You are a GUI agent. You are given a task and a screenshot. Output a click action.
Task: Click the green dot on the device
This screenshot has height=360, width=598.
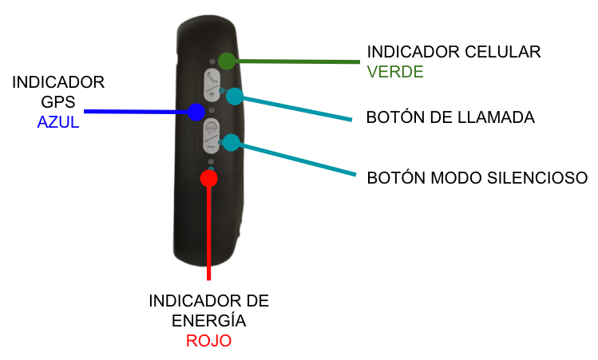click(x=227, y=61)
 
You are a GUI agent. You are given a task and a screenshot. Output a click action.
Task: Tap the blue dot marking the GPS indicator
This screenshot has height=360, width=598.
click(x=195, y=112)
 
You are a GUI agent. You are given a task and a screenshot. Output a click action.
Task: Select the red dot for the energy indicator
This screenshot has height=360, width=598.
click(x=209, y=178)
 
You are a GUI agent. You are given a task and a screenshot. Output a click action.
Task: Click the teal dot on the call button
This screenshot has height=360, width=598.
click(x=235, y=97)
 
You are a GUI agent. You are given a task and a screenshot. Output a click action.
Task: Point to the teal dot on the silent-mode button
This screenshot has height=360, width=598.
click(x=231, y=143)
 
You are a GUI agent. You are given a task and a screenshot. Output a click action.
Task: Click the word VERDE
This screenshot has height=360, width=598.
click(x=394, y=72)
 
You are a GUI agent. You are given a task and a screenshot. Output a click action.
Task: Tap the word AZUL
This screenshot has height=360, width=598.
click(x=58, y=123)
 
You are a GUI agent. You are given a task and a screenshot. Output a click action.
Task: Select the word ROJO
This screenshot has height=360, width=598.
click(x=208, y=341)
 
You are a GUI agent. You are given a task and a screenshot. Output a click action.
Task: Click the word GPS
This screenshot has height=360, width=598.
click(x=59, y=103)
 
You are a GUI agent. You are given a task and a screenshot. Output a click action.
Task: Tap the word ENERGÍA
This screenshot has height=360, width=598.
click(x=208, y=321)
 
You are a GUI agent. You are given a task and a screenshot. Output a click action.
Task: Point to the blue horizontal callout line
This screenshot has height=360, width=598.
click(x=136, y=112)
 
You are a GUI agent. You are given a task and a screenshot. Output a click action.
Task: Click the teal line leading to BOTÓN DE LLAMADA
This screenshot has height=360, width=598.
click(x=295, y=109)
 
